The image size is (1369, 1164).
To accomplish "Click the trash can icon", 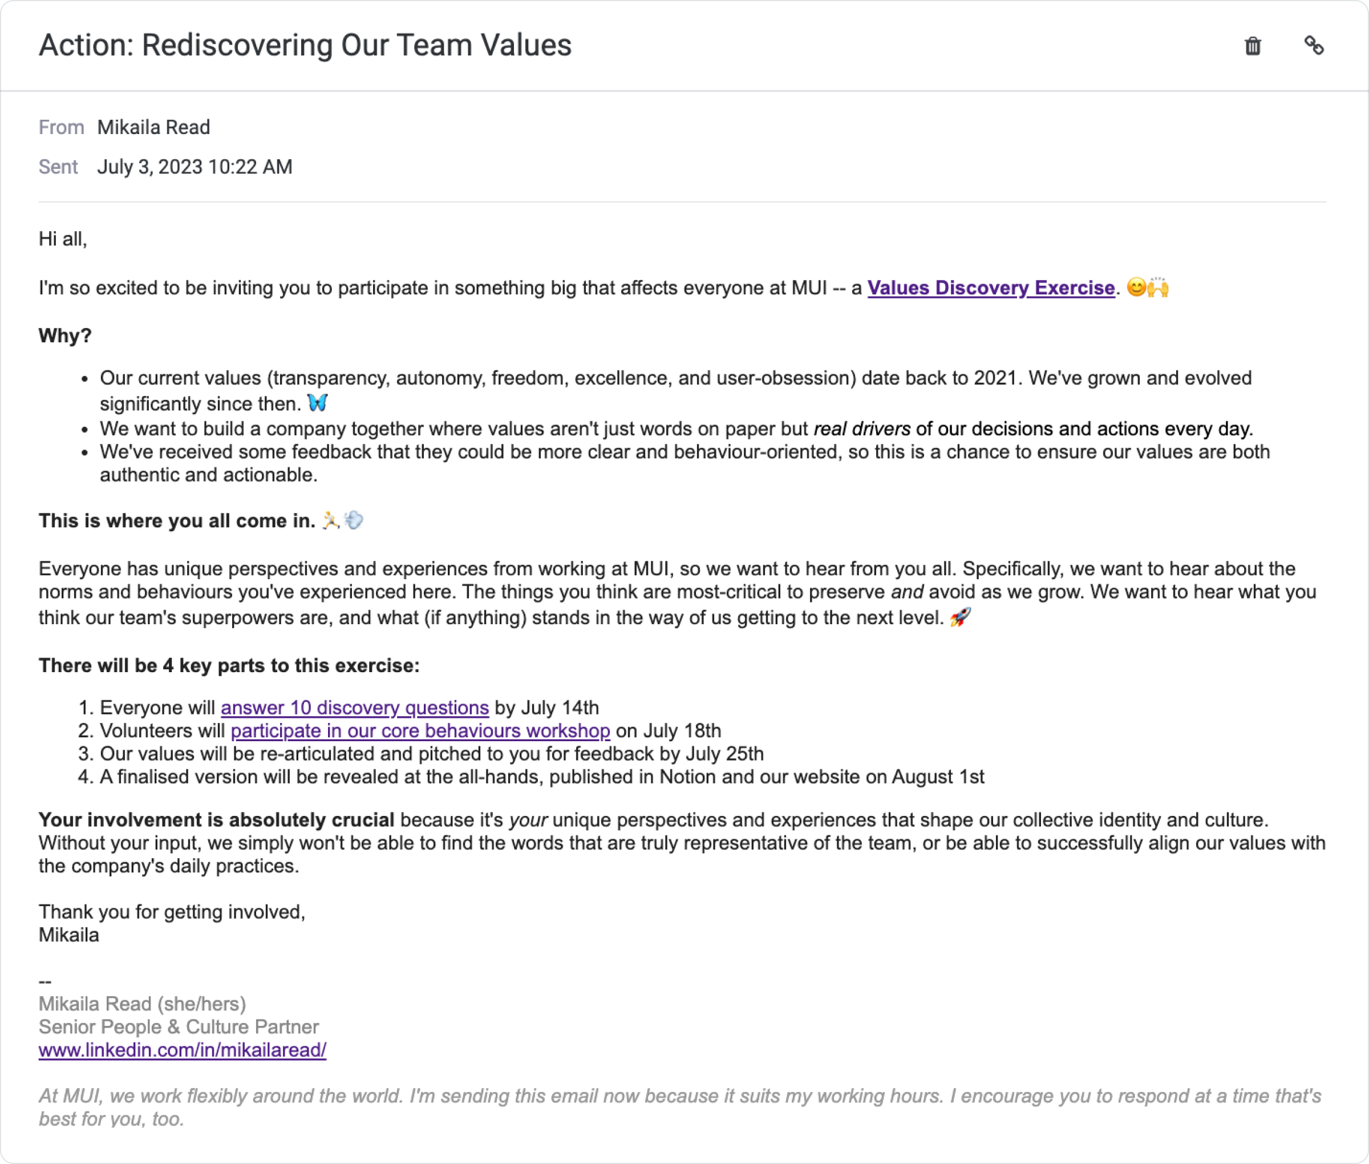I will [x=1252, y=46].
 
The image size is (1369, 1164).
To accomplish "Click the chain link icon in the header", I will [x=1314, y=46].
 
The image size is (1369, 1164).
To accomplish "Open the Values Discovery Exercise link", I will [x=990, y=288].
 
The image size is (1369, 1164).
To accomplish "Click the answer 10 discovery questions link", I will [x=354, y=708].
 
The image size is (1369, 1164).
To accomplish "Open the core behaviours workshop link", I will [x=420, y=730].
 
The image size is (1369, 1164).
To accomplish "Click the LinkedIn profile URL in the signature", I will [x=182, y=1050].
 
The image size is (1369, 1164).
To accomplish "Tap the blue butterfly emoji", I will [x=317, y=402].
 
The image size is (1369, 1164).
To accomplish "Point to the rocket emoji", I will [x=960, y=617].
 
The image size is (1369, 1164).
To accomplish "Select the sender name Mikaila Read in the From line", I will [x=153, y=127].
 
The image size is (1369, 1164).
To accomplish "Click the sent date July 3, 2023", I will [x=150, y=167].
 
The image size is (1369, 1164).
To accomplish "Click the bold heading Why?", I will [x=64, y=336].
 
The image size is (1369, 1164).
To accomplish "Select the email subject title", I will [x=305, y=46].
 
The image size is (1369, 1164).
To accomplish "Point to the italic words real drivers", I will [x=862, y=429].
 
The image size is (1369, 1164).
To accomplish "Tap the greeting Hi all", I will [x=62, y=239].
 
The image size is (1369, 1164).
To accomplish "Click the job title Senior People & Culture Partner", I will [x=178, y=1026].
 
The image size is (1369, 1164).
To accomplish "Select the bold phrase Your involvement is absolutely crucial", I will [x=216, y=819].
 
